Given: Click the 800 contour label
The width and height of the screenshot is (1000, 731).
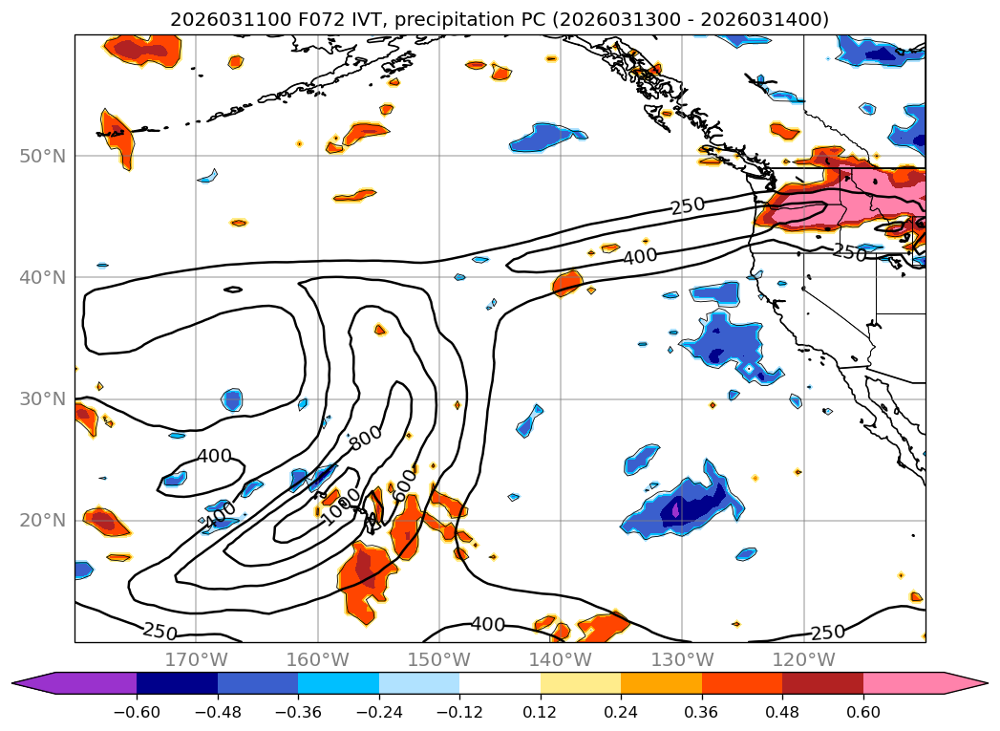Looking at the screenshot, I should tap(365, 437).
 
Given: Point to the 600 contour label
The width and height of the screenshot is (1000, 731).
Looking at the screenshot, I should tap(404, 481).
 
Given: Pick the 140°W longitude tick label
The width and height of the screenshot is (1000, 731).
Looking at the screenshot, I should tap(561, 659).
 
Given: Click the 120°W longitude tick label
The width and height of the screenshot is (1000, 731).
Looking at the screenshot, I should tap(803, 659).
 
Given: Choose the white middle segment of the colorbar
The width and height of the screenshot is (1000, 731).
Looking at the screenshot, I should tap(500, 683).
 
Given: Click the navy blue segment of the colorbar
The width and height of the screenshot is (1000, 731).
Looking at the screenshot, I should tap(177, 683).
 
